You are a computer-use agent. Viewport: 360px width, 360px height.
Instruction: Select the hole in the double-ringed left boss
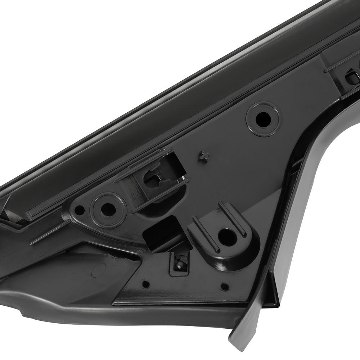point(107,208)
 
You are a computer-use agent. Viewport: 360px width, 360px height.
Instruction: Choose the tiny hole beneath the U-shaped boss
point(224,287)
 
